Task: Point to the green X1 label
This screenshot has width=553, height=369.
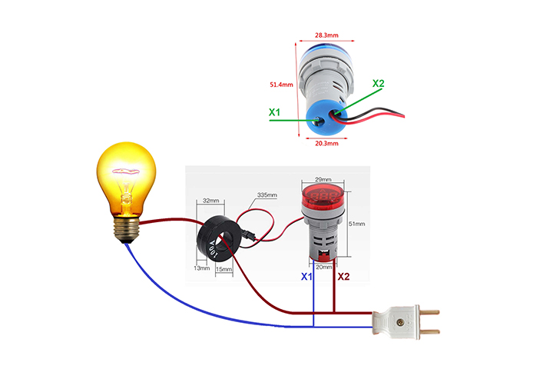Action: point(275,112)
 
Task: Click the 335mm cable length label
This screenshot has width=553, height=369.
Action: point(267,195)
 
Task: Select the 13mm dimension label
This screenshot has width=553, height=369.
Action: point(201,268)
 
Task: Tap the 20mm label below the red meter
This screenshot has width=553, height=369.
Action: point(324,266)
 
